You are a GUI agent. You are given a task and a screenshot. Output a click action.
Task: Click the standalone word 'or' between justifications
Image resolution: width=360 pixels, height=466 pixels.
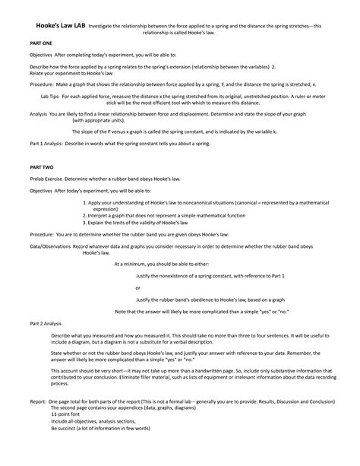pos(137,288)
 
